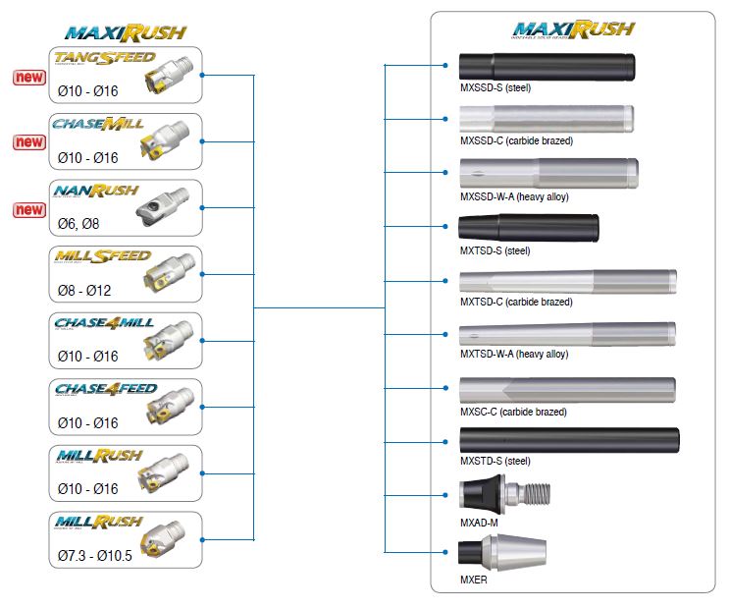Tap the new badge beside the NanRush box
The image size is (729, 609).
29,209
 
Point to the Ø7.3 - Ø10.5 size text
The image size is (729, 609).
94,556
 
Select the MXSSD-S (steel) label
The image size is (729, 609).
495,87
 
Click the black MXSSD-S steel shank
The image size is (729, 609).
547,64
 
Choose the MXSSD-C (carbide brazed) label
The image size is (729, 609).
516,140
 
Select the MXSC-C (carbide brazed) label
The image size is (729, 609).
513,412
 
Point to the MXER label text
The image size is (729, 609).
474,580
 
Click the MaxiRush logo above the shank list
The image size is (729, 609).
569,30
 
